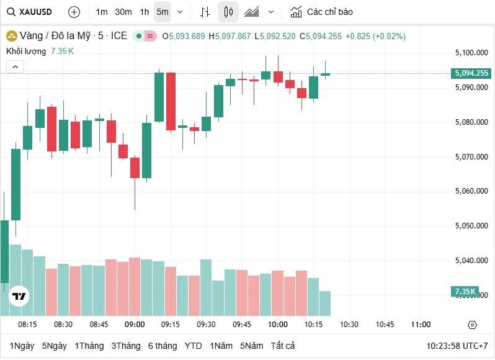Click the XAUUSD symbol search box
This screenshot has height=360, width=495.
tap(31, 12)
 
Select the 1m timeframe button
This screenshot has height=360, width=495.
tap(102, 12)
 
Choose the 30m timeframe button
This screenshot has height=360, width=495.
tap(123, 12)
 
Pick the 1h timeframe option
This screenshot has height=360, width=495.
tap(144, 12)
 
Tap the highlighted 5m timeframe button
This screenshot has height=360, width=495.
tap(162, 12)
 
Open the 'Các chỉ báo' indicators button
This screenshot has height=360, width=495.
tap(321, 12)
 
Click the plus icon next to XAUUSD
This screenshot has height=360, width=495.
tap(74, 12)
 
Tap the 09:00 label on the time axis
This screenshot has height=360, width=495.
tap(135, 325)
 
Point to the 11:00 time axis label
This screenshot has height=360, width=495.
tap(421, 325)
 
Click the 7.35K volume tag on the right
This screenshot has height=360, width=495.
tap(465, 291)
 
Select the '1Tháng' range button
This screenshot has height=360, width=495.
tap(89, 346)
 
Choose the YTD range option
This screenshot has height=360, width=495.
tap(194, 346)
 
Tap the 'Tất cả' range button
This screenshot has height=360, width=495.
tap(283, 346)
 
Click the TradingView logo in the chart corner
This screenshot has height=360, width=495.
tap(19, 297)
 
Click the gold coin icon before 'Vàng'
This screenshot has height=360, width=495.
tap(11, 36)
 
